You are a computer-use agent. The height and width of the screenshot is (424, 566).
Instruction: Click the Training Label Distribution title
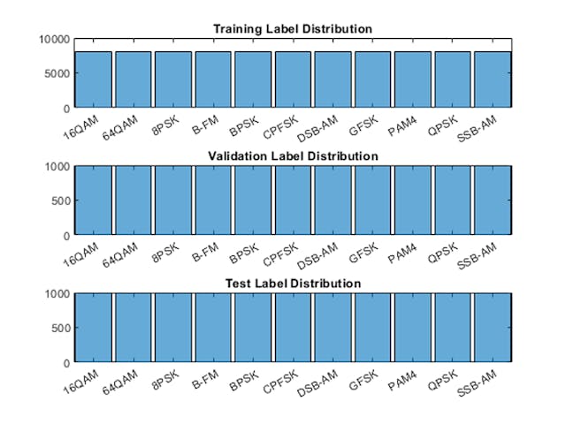pyautogui.click(x=292, y=29)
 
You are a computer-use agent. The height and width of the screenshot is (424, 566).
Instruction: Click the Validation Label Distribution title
pyautogui.click(x=292, y=156)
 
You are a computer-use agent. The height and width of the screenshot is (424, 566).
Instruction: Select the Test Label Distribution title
pyautogui.click(x=292, y=284)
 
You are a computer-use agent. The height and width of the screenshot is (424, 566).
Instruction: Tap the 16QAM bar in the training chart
pyautogui.click(x=93, y=79)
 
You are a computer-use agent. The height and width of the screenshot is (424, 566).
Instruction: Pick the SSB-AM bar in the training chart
pyautogui.click(x=492, y=79)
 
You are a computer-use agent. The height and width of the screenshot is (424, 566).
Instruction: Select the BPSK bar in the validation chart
pyautogui.click(x=253, y=201)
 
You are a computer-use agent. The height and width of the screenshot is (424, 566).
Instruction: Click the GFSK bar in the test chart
pyautogui.click(x=372, y=328)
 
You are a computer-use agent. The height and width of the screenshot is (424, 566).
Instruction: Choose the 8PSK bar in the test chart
pyautogui.click(x=173, y=328)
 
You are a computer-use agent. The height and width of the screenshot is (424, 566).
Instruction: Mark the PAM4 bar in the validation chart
pyautogui.click(x=412, y=201)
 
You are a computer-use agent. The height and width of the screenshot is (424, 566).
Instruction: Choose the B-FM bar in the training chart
pyautogui.click(x=213, y=79)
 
